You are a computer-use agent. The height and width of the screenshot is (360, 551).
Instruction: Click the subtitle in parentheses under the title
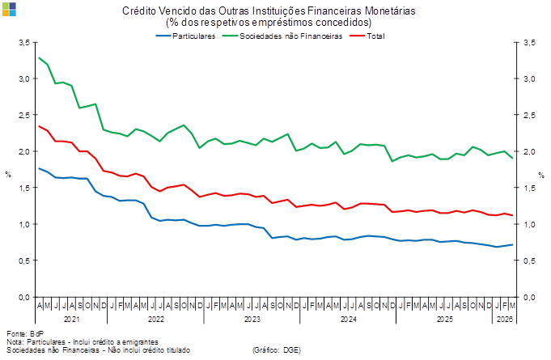pyautogui.click(x=269, y=23)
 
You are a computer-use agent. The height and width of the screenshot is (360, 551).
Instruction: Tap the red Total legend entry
pyautogui.click(x=370, y=36)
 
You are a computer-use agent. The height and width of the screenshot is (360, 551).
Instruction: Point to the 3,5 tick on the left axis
pyautogui.click(x=24, y=43)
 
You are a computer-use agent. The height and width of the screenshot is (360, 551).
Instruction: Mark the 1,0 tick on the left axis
pyautogui.click(x=24, y=224)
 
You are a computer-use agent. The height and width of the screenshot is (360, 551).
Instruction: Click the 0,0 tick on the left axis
pyautogui.click(x=24, y=297)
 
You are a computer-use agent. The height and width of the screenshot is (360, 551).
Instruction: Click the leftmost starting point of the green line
pyautogui.click(x=39, y=57)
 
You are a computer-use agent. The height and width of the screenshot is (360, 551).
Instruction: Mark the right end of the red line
pyautogui.click(x=513, y=215)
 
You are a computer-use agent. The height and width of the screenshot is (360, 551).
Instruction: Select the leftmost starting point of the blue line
pyautogui.click(x=39, y=168)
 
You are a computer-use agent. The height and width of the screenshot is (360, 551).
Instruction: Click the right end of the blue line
pyautogui.click(x=513, y=244)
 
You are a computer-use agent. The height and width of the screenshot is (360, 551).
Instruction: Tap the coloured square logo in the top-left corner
pyautogui.click(x=8, y=8)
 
